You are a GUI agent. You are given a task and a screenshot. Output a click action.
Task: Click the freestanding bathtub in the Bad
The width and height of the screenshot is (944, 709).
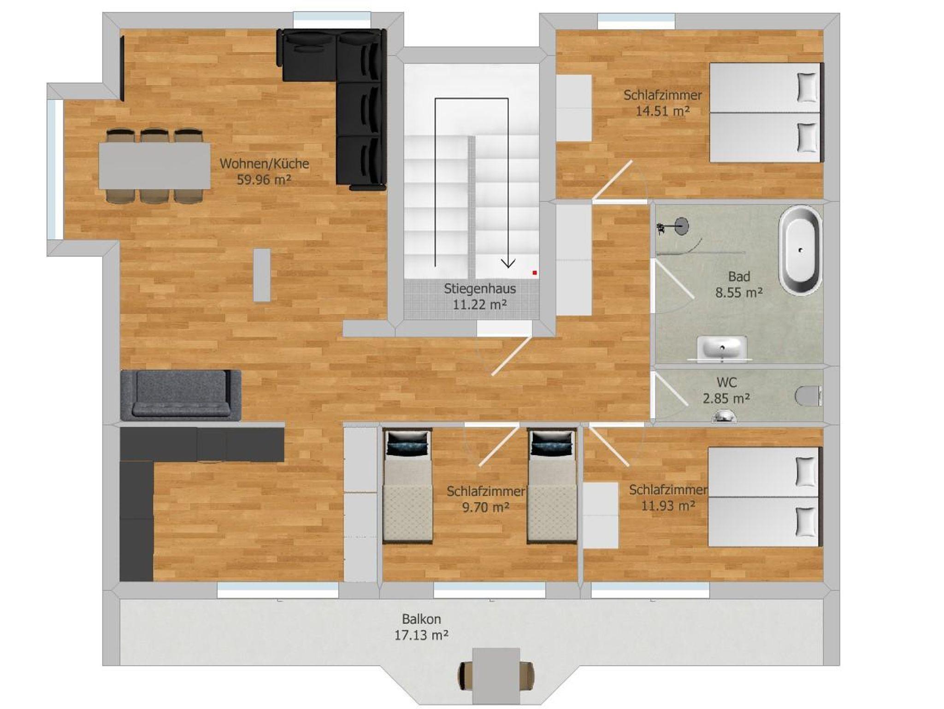(x=800, y=250)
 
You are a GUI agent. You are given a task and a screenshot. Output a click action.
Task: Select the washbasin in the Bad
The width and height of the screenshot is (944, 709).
(x=722, y=348)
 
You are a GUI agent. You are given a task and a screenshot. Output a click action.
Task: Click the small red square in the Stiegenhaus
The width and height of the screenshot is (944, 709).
(x=535, y=273)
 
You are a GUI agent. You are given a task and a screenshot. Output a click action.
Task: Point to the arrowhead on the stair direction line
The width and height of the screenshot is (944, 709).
(x=508, y=263)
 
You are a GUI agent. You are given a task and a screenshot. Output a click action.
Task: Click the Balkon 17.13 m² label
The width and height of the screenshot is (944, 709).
(x=421, y=627)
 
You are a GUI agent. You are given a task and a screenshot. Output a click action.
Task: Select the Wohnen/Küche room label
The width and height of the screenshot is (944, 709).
(x=264, y=164)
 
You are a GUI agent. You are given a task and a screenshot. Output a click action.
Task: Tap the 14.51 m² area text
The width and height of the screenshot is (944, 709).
(x=662, y=111)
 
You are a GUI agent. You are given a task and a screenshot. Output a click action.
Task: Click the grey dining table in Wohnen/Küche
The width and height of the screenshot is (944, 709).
(x=155, y=166)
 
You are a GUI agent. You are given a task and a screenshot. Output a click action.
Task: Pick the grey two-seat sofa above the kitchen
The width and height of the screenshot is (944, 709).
(x=181, y=395)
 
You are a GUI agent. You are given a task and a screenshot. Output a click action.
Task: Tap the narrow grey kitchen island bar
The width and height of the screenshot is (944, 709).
(x=262, y=275)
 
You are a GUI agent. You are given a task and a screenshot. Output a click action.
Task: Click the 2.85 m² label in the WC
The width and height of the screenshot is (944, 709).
(x=726, y=398)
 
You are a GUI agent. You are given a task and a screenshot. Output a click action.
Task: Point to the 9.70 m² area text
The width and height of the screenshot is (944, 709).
(x=486, y=507)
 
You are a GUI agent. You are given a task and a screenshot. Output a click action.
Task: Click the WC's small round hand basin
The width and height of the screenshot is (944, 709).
(x=725, y=417)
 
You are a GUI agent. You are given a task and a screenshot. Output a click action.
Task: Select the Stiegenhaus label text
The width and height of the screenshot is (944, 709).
(x=480, y=289)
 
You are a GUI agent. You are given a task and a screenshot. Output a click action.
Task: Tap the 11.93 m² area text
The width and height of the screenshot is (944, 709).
(x=668, y=506)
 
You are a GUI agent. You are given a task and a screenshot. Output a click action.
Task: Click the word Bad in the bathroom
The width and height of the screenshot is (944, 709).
(x=739, y=277)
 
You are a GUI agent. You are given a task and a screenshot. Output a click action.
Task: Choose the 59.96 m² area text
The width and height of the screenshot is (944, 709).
(x=264, y=180)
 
